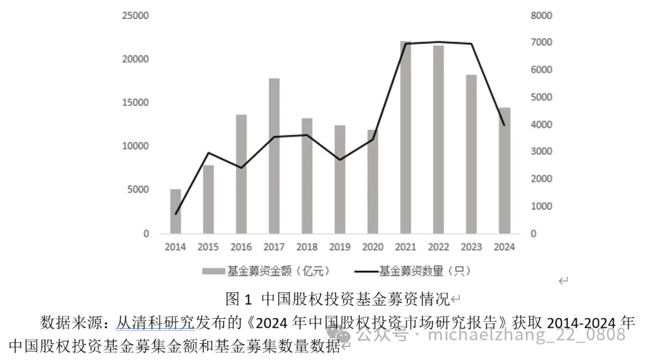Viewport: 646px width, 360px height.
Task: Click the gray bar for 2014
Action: pyautogui.click(x=175, y=211)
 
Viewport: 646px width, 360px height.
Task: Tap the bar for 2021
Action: pyautogui.click(x=406, y=137)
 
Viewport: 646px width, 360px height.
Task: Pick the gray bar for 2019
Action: pyautogui.click(x=340, y=179)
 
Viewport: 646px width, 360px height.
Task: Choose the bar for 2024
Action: pyautogui.click(x=505, y=170)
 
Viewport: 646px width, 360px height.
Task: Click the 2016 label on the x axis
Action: pyautogui.click(x=241, y=246)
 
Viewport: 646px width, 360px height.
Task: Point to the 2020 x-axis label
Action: pyautogui.click(x=373, y=246)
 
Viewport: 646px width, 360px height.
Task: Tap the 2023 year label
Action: pyautogui.click(x=471, y=246)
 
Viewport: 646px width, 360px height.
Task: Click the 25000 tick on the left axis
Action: pyautogui.click(x=136, y=16)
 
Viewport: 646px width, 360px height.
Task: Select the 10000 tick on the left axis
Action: pyautogui.click(x=136, y=147)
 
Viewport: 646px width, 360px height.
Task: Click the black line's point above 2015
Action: pyautogui.click(x=208, y=153)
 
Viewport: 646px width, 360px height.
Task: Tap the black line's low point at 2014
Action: pyautogui.click(x=176, y=213)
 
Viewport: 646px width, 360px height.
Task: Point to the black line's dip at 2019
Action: pyautogui.click(x=340, y=160)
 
